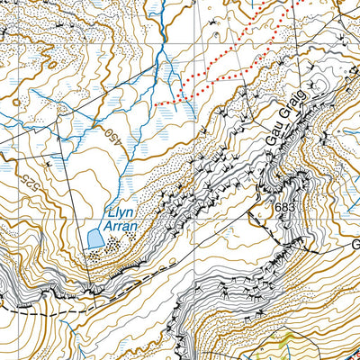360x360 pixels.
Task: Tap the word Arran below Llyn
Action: pos(121,226)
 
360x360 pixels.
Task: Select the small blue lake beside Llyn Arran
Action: pos(94,238)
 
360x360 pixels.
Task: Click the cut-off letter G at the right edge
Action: pos(355,245)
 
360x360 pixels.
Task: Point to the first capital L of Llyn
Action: pos(111,213)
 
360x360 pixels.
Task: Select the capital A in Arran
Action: pos(109,226)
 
